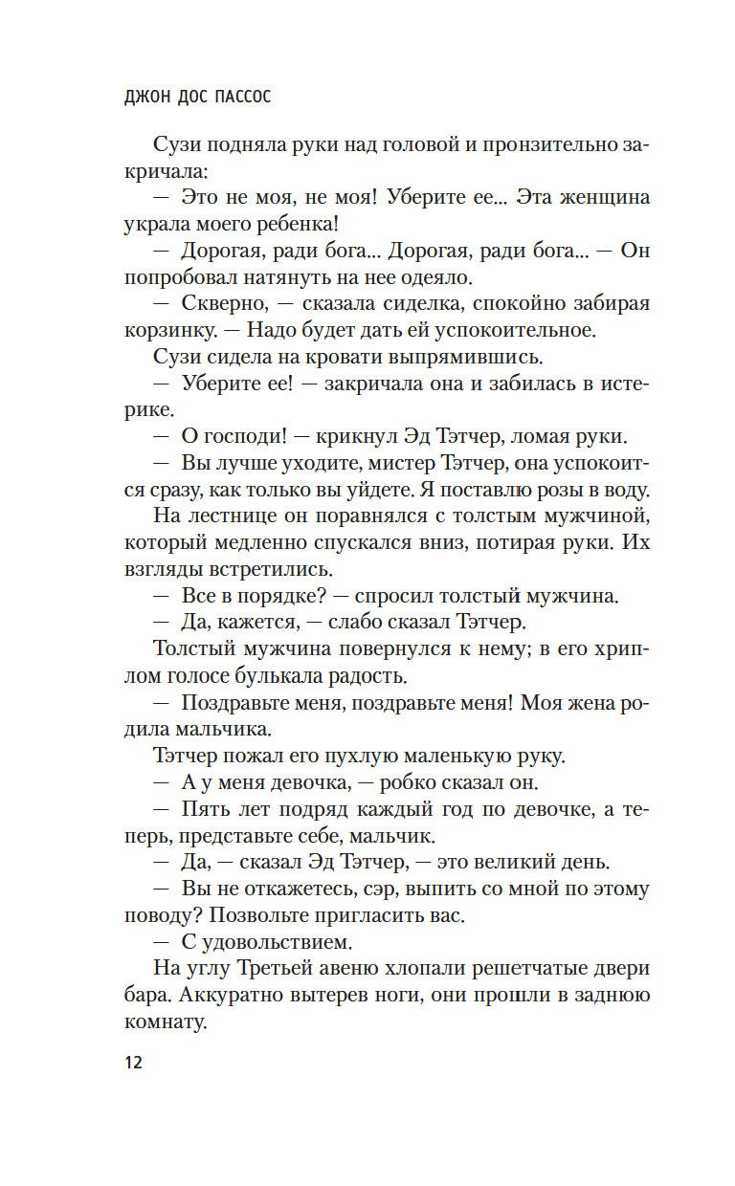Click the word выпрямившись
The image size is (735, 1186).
(x=461, y=358)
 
